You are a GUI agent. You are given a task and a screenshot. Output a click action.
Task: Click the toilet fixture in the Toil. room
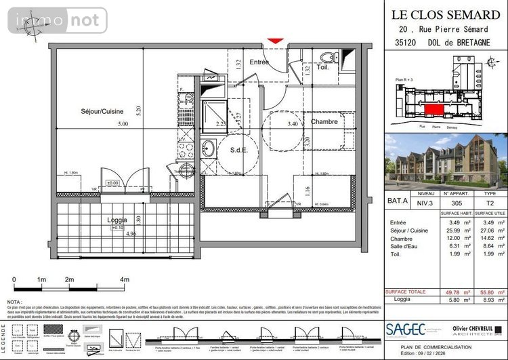click(327, 56)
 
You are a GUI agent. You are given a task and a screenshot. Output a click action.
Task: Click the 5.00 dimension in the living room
click(122, 125)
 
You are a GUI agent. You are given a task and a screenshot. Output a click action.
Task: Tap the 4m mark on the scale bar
click(123, 279)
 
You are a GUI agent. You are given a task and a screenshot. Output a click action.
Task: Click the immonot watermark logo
click(58, 21)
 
